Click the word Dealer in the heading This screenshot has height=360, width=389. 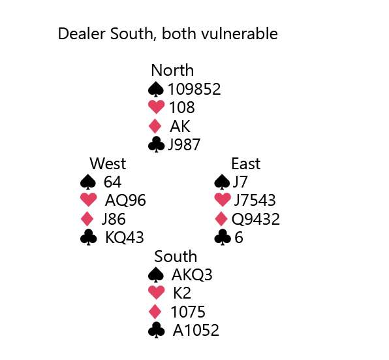(x=82, y=33)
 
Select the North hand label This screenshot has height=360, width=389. (x=172, y=71)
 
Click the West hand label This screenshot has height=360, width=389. (x=108, y=163)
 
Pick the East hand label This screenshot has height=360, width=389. (x=246, y=164)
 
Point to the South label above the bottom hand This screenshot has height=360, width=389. (x=176, y=257)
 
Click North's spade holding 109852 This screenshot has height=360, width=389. (x=194, y=89)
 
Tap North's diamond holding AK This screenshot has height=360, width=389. (x=180, y=126)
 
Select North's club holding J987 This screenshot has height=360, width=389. (x=184, y=145)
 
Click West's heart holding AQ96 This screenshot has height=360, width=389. (x=125, y=201)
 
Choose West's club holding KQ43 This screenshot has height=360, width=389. (x=125, y=238)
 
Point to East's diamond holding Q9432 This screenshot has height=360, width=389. (x=256, y=220)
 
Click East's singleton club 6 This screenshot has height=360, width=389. (x=239, y=238)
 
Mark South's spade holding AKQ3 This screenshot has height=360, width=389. (x=192, y=275)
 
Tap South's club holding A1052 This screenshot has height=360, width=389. (x=196, y=331)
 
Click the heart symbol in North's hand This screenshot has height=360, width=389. (x=156, y=107)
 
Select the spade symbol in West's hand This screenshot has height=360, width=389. (x=88, y=182)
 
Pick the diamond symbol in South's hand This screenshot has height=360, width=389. (x=155, y=312)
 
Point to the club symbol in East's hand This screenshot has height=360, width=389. (x=223, y=238)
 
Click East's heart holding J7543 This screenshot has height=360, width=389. (x=255, y=201)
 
